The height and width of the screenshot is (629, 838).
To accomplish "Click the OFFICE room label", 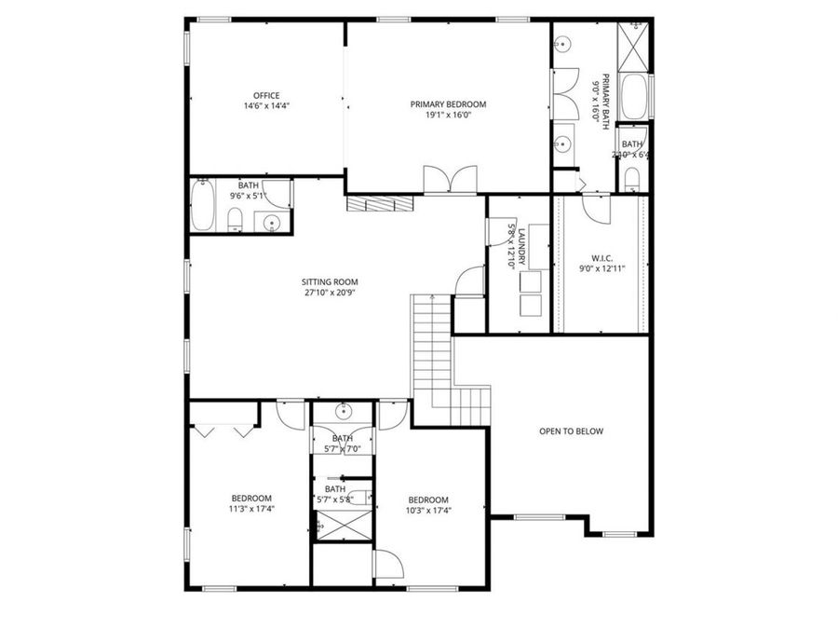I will click(x=266, y=95).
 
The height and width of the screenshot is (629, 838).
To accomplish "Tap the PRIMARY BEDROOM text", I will click(x=448, y=104).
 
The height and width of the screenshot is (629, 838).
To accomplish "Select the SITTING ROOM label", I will click(x=329, y=281).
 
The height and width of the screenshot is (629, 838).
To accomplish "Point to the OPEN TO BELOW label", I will click(x=571, y=431).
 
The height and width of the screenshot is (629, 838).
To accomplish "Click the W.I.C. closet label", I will click(x=601, y=257).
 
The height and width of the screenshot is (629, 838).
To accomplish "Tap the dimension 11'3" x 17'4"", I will click(x=251, y=509).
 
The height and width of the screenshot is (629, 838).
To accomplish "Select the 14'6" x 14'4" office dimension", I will click(x=266, y=106).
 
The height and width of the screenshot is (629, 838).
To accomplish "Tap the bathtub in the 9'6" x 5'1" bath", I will click(x=204, y=207).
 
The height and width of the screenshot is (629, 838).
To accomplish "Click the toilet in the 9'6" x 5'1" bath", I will click(x=236, y=219).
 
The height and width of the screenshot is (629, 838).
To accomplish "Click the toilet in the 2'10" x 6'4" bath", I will click(x=631, y=178).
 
